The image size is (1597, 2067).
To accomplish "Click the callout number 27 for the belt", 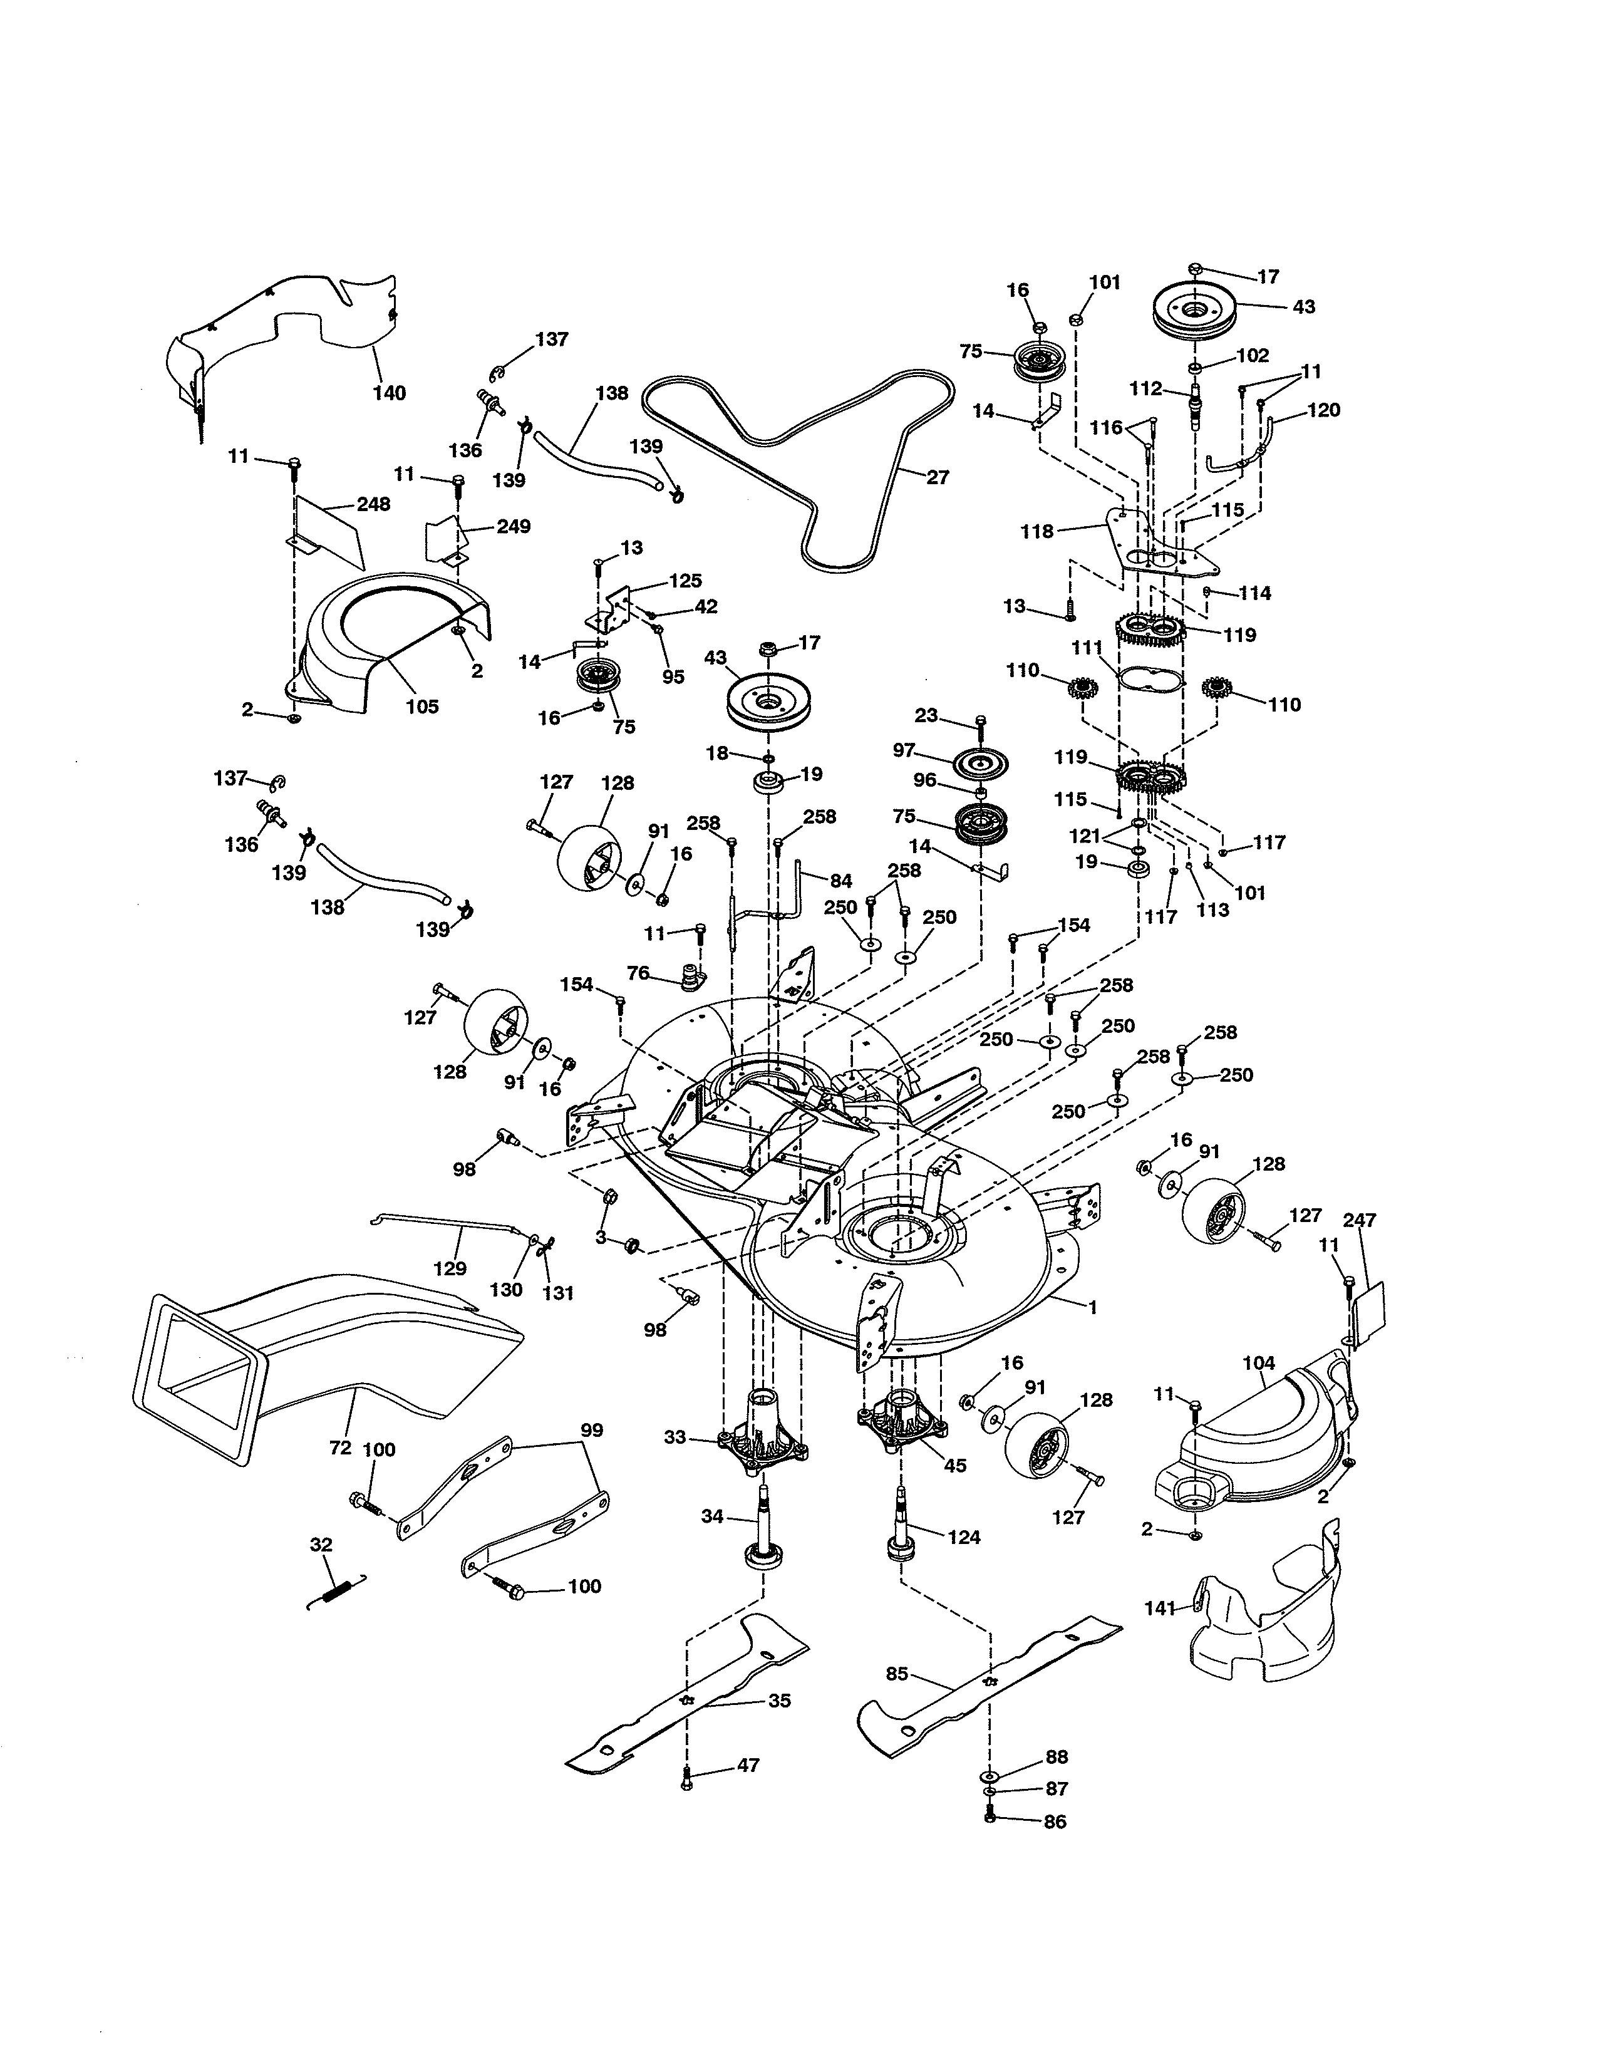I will point(937,478).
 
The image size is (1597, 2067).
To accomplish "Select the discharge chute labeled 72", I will point(322,1363).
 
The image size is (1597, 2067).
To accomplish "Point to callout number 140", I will point(389,393).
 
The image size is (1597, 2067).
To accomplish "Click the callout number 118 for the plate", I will point(1037,532).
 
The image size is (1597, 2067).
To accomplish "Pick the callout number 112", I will point(1145,389).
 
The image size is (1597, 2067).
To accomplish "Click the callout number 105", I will point(422,706).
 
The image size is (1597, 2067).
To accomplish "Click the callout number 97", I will point(904,750).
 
